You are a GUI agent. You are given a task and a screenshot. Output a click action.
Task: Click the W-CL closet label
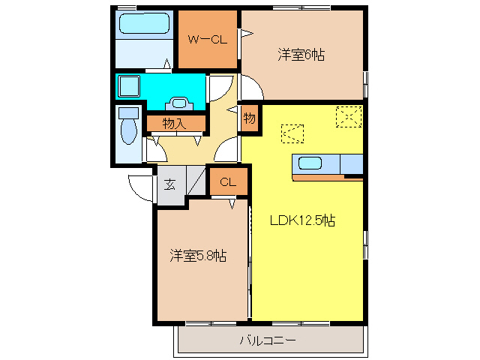pos(207,40)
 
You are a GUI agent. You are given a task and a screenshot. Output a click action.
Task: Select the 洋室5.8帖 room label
pos(197,256)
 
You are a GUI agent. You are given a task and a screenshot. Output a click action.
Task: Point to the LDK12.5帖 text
pos(302,220)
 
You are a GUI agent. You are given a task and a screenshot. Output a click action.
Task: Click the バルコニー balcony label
pos(268,340)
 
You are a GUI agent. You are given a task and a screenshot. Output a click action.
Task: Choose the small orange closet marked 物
pos(250,118)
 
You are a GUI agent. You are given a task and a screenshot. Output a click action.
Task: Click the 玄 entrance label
pos(170,183)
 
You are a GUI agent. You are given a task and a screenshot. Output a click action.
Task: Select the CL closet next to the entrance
pos(228,182)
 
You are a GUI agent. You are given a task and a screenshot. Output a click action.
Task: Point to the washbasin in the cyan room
pos(180,103)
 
